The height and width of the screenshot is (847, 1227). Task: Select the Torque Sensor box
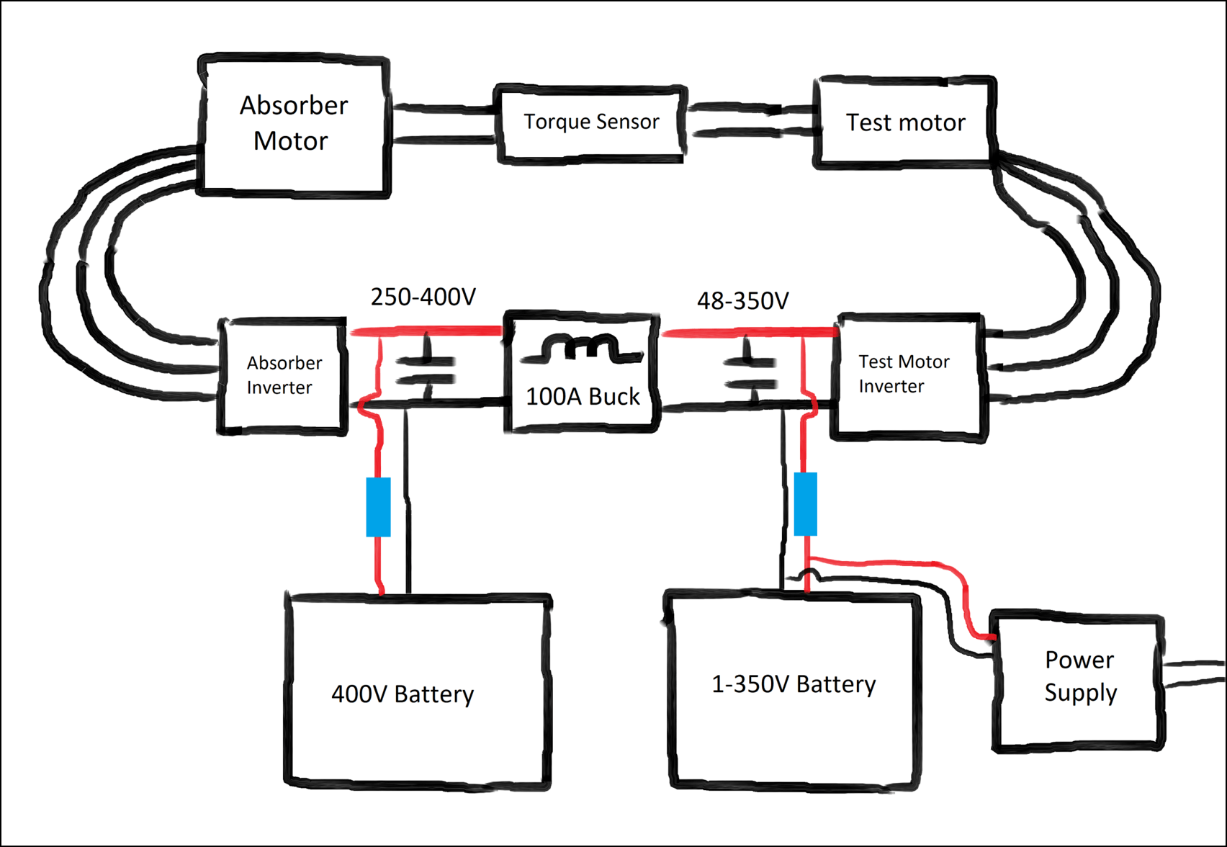(x=590, y=122)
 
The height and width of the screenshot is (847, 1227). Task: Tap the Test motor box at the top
(x=905, y=122)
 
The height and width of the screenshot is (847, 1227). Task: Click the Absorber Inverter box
(x=283, y=375)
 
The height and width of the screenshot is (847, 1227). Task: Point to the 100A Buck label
(x=583, y=397)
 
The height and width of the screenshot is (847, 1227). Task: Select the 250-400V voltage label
(x=423, y=297)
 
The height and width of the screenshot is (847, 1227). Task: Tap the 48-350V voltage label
(x=742, y=300)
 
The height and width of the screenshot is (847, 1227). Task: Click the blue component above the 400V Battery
(x=379, y=507)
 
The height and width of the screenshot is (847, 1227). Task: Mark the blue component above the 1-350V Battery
(x=806, y=504)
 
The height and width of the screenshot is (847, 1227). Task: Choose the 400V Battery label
(x=403, y=694)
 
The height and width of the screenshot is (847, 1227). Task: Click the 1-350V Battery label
(x=794, y=684)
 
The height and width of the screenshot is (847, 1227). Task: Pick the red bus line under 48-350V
(x=749, y=332)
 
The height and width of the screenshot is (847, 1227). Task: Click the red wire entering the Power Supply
(x=965, y=591)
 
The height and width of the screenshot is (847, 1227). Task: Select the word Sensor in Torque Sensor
(x=627, y=122)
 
